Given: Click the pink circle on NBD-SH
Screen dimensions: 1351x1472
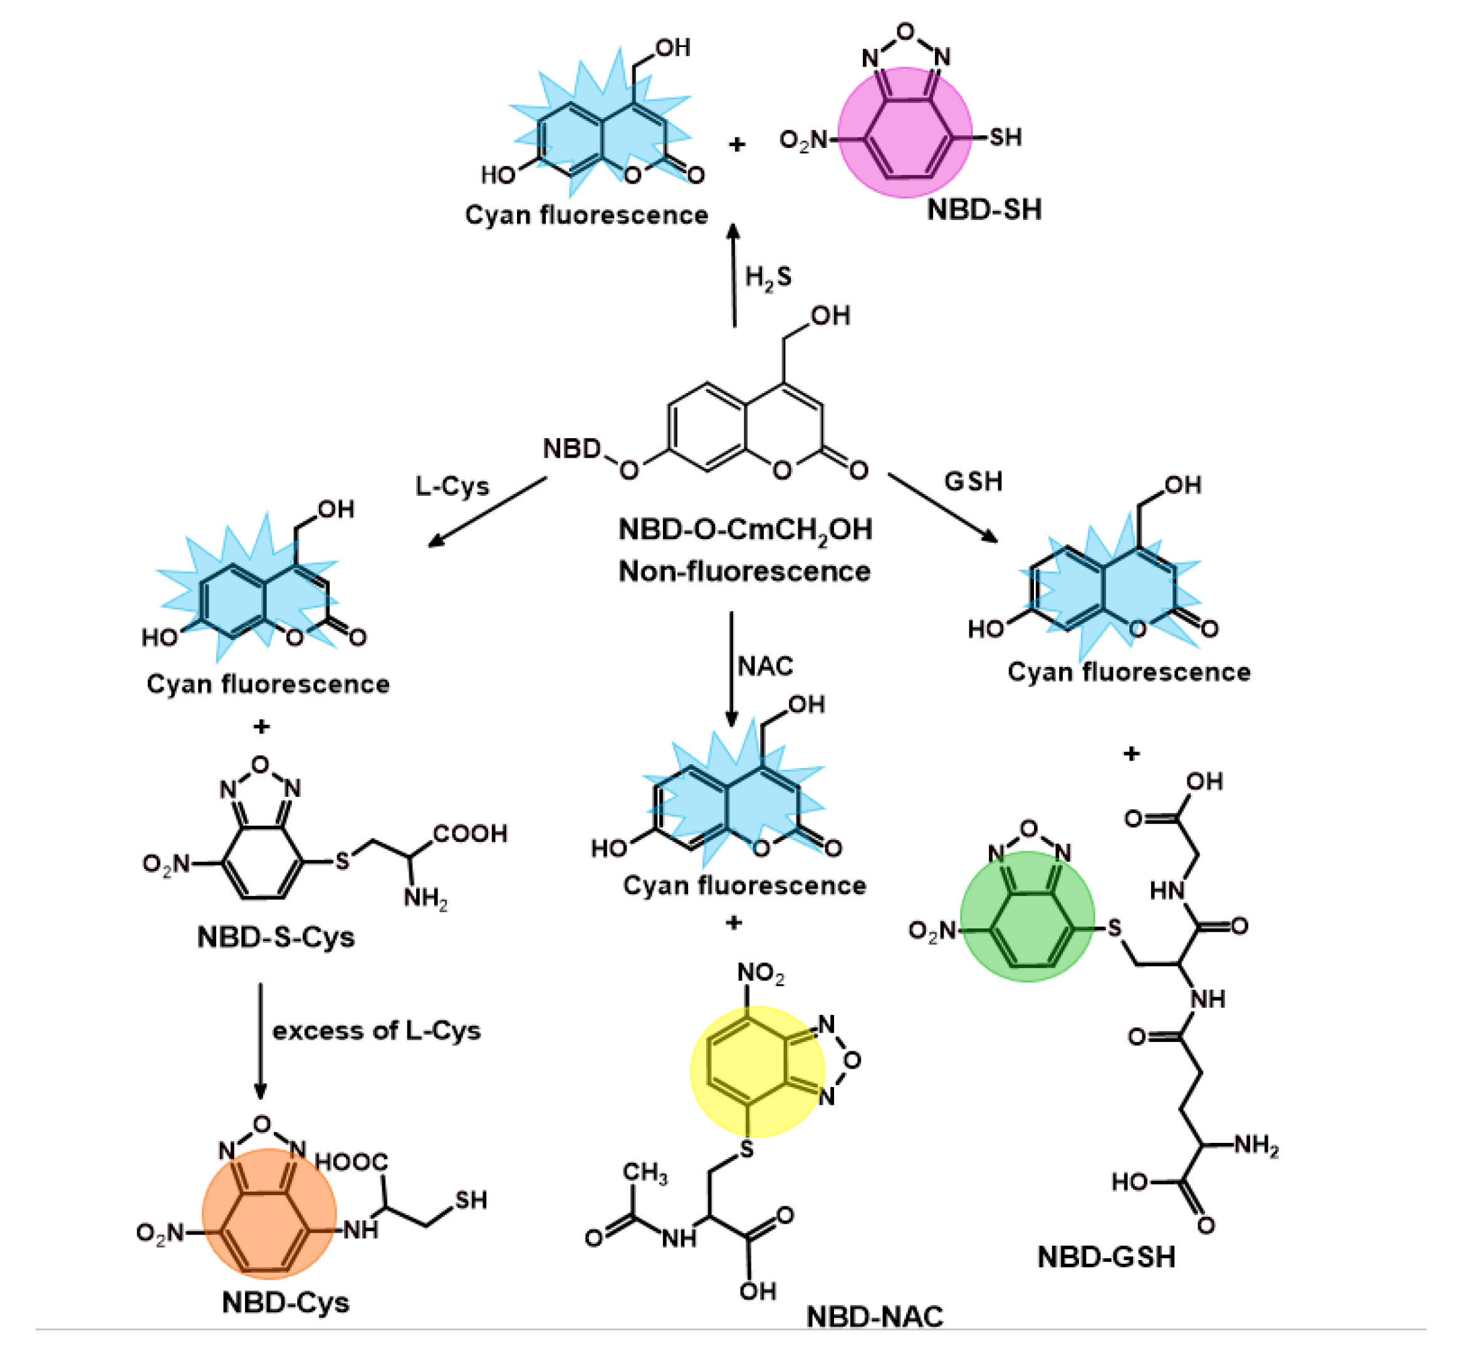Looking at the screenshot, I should tap(904, 132).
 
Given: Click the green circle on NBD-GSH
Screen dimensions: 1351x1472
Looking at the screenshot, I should tap(1027, 917).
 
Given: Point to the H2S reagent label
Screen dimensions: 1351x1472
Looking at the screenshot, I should tap(768, 277).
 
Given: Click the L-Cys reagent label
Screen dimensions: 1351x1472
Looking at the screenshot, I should tap(452, 486).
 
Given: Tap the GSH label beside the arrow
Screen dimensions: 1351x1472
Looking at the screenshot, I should tap(973, 481).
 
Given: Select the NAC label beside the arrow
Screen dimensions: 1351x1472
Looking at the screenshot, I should tap(765, 666).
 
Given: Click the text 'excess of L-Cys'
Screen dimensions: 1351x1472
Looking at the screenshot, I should tap(377, 1031).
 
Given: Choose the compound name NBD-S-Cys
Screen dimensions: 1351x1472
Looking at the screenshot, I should tap(276, 937).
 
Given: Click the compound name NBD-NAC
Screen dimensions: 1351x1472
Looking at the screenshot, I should tap(874, 1316).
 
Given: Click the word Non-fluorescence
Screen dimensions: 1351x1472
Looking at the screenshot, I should tap(744, 571).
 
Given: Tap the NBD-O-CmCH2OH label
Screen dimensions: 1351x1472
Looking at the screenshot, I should tap(744, 530).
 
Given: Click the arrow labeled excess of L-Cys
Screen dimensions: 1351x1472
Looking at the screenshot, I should tap(260, 1041).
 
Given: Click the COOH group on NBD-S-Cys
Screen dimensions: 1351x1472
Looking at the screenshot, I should tap(470, 833).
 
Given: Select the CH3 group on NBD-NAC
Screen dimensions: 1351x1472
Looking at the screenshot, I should tap(644, 1172).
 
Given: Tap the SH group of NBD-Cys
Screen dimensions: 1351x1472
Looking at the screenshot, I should tap(471, 1200).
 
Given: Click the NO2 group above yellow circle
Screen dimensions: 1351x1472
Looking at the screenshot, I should tap(760, 973).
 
